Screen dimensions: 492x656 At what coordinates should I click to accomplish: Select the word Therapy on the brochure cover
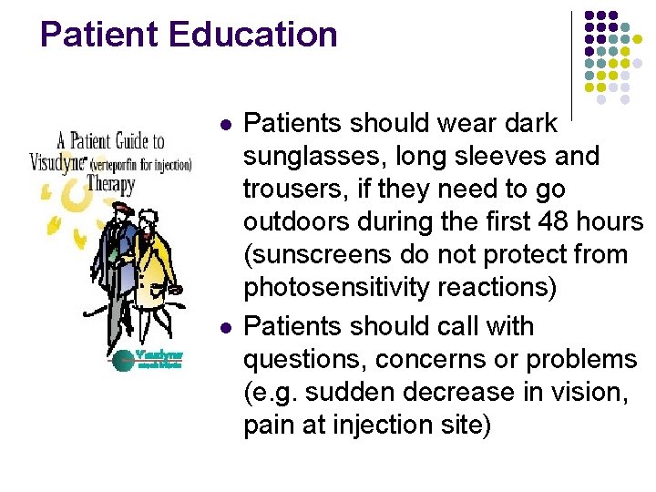click(113, 183)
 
